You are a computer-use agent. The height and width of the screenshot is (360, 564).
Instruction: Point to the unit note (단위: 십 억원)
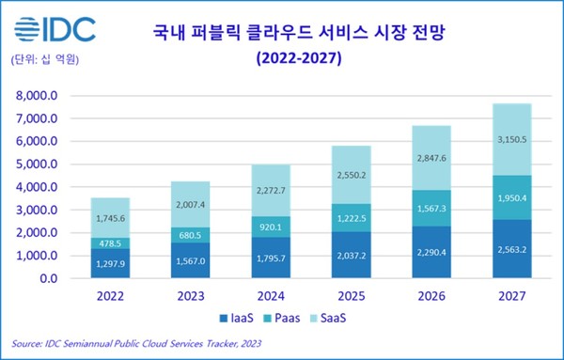(x=43, y=60)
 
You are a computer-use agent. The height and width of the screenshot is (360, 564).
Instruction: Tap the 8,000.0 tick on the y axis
(x=37, y=96)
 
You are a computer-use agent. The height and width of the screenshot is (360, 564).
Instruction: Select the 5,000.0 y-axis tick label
(x=37, y=164)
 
